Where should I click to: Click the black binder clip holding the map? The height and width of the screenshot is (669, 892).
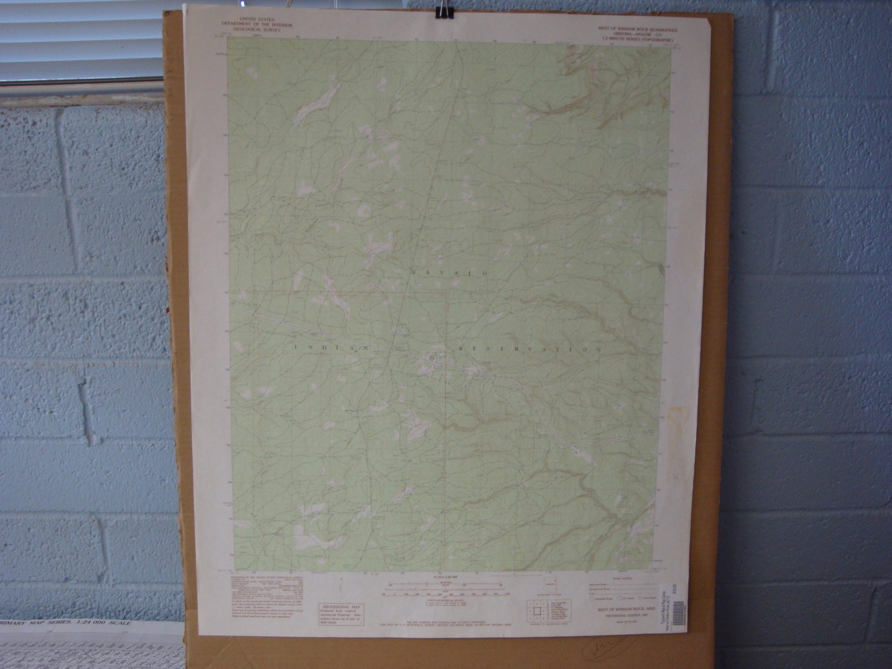[x=444, y=12]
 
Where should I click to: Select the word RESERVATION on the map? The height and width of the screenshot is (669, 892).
[x=530, y=350]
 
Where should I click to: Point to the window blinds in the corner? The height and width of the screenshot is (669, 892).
[x=78, y=39]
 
